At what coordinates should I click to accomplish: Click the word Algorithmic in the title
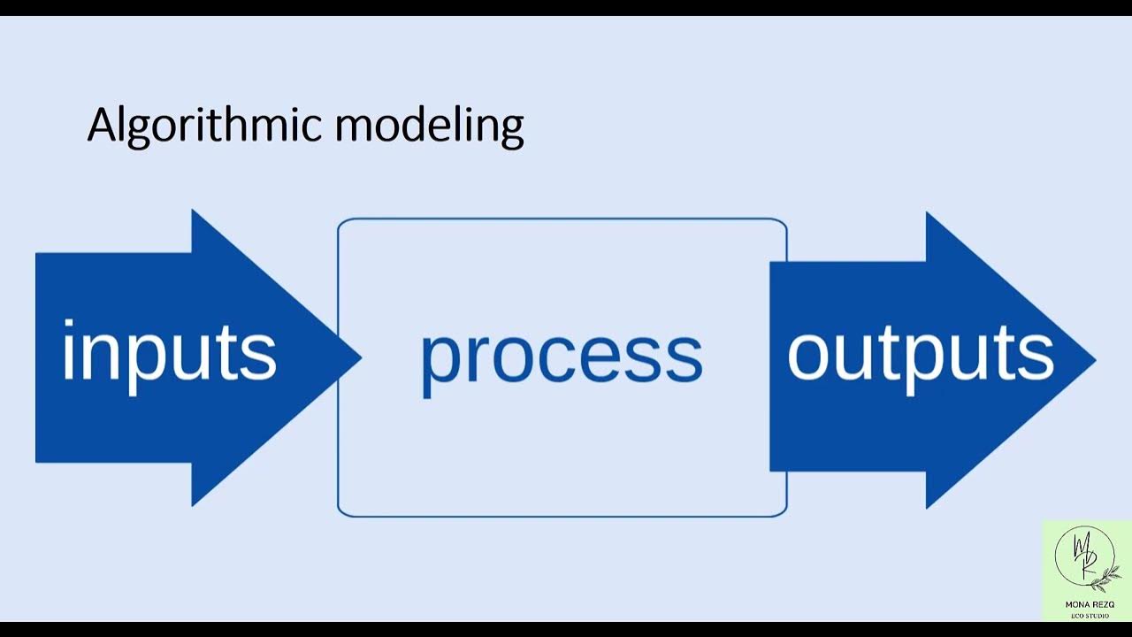[207, 127]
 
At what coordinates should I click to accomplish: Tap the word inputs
[169, 353]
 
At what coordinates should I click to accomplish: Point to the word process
[562, 356]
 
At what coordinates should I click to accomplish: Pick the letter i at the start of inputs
[71, 351]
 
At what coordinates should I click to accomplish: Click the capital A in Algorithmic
[103, 125]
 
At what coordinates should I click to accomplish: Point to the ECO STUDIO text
[1088, 615]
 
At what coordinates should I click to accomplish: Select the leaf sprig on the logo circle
[1105, 577]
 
